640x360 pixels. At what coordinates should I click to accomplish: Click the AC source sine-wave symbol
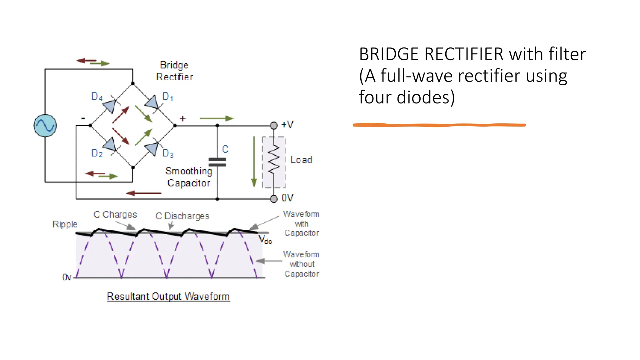[45, 126]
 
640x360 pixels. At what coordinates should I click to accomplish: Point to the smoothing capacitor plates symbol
[217, 162]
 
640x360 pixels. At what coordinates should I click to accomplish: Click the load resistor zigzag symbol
[274, 160]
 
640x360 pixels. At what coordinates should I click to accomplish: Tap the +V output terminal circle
[274, 126]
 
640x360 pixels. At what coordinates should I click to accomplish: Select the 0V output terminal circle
[274, 199]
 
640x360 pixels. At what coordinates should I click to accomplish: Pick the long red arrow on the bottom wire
[144, 193]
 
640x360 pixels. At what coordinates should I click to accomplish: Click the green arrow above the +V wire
[217, 118]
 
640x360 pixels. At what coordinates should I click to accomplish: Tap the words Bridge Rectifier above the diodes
[174, 71]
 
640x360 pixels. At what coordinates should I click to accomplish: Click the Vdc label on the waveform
[265, 240]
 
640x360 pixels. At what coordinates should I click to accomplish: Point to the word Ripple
[65, 224]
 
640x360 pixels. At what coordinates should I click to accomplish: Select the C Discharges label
[182, 216]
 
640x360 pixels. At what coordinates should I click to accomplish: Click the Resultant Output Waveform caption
[168, 296]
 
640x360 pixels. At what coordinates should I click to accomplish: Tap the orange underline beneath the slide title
[439, 125]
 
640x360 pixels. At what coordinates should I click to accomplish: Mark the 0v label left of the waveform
[67, 277]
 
